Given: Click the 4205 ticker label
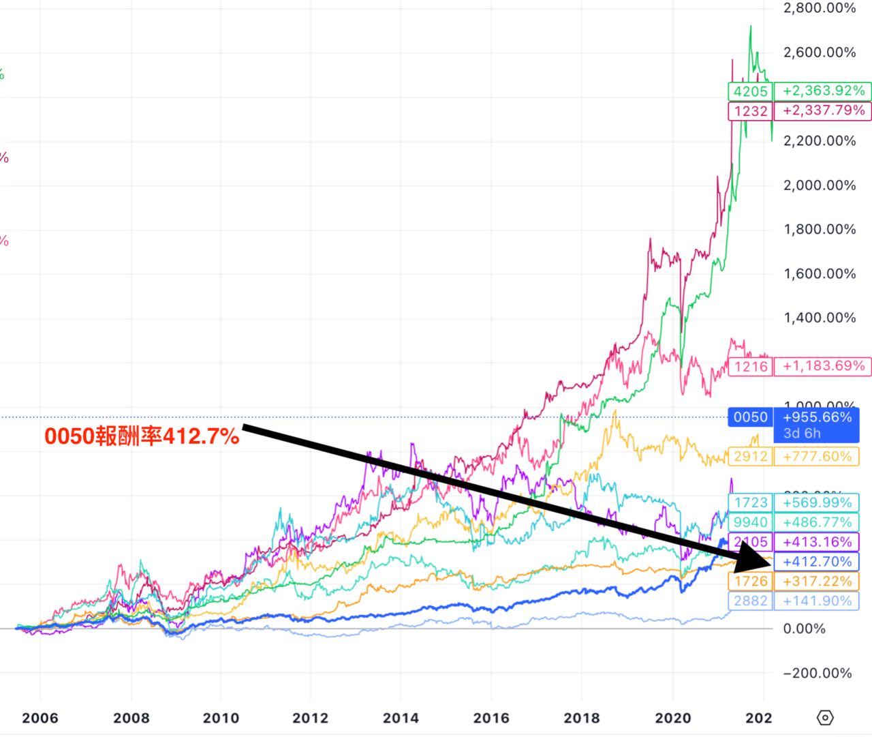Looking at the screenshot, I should [750, 91].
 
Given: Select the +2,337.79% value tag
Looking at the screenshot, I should [824, 110].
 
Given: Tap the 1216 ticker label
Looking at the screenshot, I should [750, 367].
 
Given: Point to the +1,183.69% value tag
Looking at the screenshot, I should [824, 366].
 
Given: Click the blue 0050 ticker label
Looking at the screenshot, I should [750, 417].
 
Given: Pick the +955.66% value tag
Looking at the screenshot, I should [817, 417].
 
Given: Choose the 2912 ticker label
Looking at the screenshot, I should [750, 457].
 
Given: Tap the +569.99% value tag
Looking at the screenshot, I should [817, 502].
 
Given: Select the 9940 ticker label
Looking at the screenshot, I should [750, 522].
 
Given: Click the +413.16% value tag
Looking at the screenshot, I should [817, 542].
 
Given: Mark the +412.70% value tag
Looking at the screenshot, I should [817, 562].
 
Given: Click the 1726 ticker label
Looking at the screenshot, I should [750, 582].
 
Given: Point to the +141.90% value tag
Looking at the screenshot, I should [817, 601].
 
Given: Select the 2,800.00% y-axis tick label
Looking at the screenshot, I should [820, 8].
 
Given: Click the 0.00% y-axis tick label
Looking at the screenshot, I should [805, 629].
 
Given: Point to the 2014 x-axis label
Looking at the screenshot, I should [401, 718].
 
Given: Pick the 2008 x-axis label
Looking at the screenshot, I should [131, 718].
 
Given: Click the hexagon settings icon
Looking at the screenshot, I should [824, 717].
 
